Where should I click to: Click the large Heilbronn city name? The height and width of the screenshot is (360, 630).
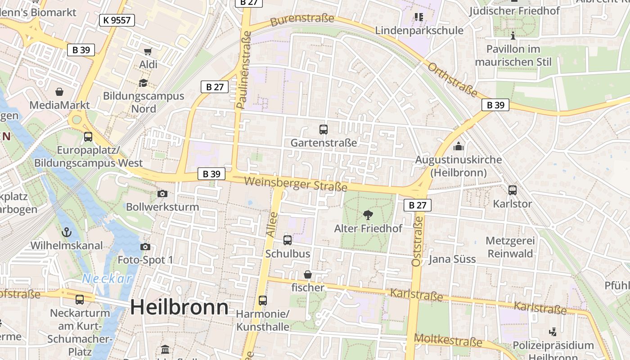pyautogui.click(x=179, y=307)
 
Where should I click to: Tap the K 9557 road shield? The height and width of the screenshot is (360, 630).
pyautogui.click(x=117, y=20)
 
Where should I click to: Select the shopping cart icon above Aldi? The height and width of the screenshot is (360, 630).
pyautogui.click(x=148, y=51)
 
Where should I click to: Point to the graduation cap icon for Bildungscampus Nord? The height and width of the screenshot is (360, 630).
pyautogui.click(x=143, y=83)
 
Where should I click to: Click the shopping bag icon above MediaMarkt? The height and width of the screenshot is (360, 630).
pyautogui.click(x=59, y=92)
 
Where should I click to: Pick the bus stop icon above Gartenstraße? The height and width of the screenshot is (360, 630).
pyautogui.click(x=324, y=130)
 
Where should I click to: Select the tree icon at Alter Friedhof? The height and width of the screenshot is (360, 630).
pyautogui.click(x=368, y=215)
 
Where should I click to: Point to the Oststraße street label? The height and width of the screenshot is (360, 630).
pyautogui.click(x=417, y=241)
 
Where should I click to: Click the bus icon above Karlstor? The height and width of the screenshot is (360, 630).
pyautogui.click(x=512, y=190)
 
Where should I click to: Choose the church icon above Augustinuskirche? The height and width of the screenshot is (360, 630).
pyautogui.click(x=459, y=146)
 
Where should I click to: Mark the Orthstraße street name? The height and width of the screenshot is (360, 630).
pyautogui.click(x=452, y=80)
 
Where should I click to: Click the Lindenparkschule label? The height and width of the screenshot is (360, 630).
pyautogui.click(x=419, y=31)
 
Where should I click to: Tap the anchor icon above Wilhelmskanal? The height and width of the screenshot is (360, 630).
pyautogui.click(x=67, y=233)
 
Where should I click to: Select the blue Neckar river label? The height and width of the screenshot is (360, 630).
pyautogui.click(x=107, y=279)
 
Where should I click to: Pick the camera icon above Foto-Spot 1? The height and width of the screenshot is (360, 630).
pyautogui.click(x=145, y=247)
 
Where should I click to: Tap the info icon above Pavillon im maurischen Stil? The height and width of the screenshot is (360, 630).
pyautogui.click(x=513, y=36)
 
